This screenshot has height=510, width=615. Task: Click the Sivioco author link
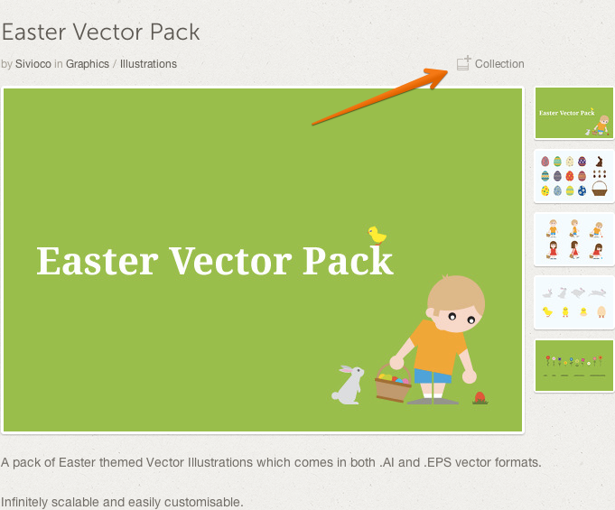33,64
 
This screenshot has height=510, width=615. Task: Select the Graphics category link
88,64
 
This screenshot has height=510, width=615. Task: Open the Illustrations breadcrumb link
148,64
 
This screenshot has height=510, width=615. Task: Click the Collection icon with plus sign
463,63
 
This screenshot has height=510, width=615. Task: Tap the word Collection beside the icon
499,64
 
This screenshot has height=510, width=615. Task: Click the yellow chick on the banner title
377,236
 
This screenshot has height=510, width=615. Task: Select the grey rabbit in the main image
348,385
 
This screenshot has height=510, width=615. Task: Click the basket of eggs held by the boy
393,385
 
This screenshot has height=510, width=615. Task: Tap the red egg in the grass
480,397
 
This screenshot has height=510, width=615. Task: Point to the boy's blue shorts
433,376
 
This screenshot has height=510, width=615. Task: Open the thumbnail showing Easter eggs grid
573,176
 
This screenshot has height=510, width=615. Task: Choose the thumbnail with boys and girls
573,239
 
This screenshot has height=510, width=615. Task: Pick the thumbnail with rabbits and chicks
573,302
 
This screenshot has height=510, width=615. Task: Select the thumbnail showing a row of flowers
574,366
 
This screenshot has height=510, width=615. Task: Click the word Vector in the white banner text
231,261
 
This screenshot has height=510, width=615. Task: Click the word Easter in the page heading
33,32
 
